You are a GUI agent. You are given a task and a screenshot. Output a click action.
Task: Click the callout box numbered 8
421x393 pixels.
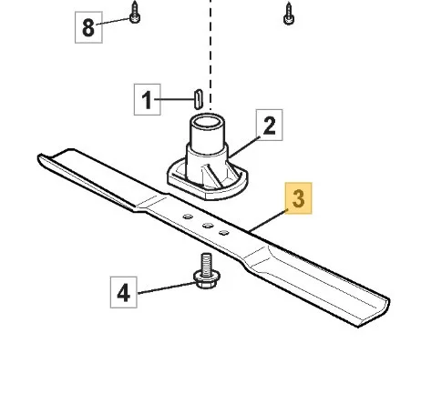(88, 27)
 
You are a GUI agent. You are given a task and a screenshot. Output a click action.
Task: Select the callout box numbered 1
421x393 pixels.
(148, 99)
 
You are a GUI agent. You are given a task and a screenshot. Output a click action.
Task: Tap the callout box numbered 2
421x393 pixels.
(269, 125)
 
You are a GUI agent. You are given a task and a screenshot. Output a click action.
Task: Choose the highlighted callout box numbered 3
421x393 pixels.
(298, 198)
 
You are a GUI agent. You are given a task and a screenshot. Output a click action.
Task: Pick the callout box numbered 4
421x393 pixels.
(124, 292)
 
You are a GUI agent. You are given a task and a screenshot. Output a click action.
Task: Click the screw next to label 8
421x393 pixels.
(135, 12)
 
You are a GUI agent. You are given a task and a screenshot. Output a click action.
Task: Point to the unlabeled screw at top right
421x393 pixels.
(288, 14)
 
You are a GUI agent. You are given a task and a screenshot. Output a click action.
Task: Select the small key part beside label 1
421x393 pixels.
(198, 99)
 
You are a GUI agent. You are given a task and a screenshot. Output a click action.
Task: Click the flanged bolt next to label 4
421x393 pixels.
(207, 271)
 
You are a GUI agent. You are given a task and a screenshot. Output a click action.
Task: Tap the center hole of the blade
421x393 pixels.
(208, 225)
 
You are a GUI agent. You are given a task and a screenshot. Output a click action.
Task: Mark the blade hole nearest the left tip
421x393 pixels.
(188, 217)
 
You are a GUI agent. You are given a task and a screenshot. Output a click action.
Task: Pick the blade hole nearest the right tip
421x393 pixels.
(224, 233)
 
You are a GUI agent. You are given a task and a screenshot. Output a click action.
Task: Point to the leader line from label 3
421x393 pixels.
(267, 221)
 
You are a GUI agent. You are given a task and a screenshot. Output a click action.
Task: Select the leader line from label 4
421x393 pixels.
(167, 288)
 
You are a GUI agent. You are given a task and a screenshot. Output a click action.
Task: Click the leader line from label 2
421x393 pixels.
(244, 146)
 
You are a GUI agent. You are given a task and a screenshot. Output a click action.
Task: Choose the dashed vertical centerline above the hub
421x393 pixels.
(210, 55)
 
